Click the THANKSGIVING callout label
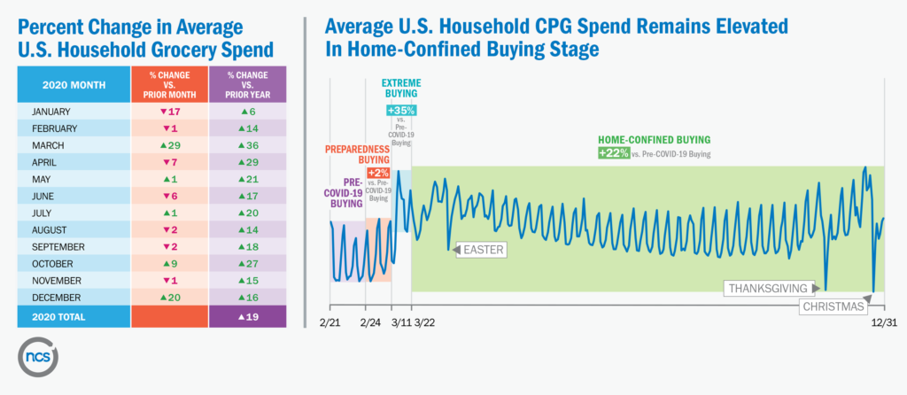(768, 288)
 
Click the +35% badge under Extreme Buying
(401, 111)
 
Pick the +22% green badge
(613, 153)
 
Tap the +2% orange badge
(378, 172)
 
